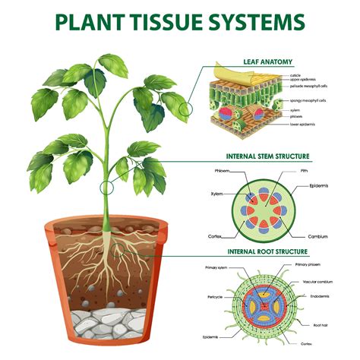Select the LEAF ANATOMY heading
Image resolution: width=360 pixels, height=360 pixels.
(x=267, y=62)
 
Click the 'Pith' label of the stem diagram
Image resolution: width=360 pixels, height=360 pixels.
(x=304, y=171)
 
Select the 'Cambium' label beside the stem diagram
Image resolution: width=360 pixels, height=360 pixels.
(x=317, y=236)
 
